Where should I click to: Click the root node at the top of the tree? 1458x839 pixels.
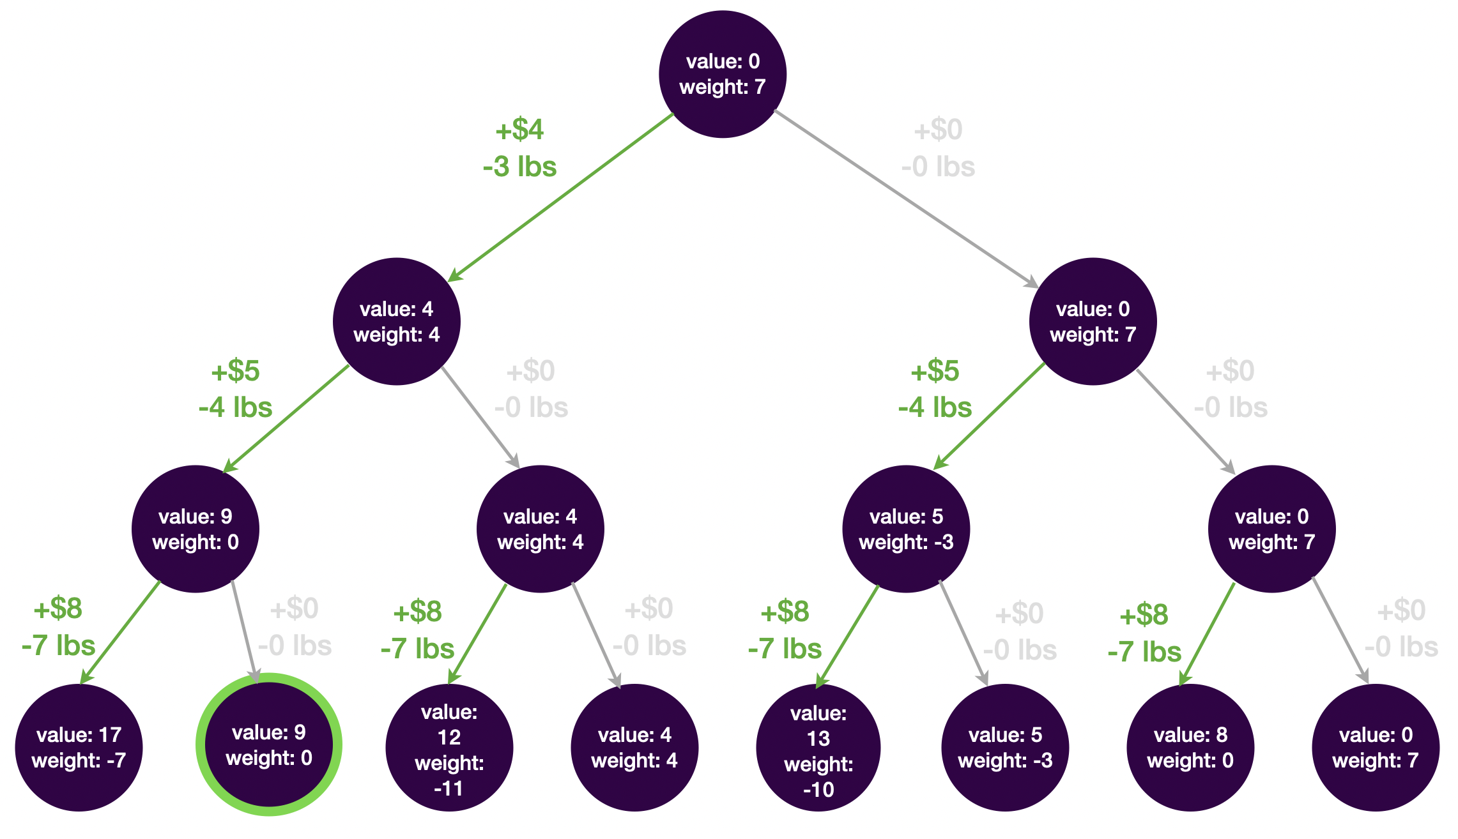(x=722, y=74)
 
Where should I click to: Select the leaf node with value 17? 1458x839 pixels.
(x=79, y=747)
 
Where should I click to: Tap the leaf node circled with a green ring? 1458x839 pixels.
(x=269, y=745)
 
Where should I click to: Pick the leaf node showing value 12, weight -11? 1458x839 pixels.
(x=449, y=748)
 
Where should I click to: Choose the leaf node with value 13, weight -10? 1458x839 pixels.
(x=818, y=748)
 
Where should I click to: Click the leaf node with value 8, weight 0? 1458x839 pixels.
(x=1190, y=748)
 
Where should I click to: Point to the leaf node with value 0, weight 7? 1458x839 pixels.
(x=1376, y=748)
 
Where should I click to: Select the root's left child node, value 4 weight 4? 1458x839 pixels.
(x=397, y=321)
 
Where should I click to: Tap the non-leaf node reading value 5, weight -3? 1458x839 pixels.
(x=906, y=529)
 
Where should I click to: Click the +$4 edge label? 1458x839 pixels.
(x=519, y=130)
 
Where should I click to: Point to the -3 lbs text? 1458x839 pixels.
(x=519, y=167)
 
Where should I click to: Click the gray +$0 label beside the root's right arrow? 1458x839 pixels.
(x=938, y=130)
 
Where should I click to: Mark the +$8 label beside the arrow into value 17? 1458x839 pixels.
(x=58, y=608)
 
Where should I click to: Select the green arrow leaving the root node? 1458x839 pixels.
(x=560, y=197)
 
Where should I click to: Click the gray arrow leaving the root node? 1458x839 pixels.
(x=907, y=199)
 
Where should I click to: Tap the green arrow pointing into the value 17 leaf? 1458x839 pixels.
(x=120, y=632)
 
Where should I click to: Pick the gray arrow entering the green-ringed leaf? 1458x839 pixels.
(x=245, y=631)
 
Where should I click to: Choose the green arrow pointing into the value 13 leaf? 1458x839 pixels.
(x=848, y=636)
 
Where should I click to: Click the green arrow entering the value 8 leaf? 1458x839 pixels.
(x=1207, y=635)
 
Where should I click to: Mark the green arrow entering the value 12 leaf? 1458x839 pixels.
(x=477, y=634)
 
